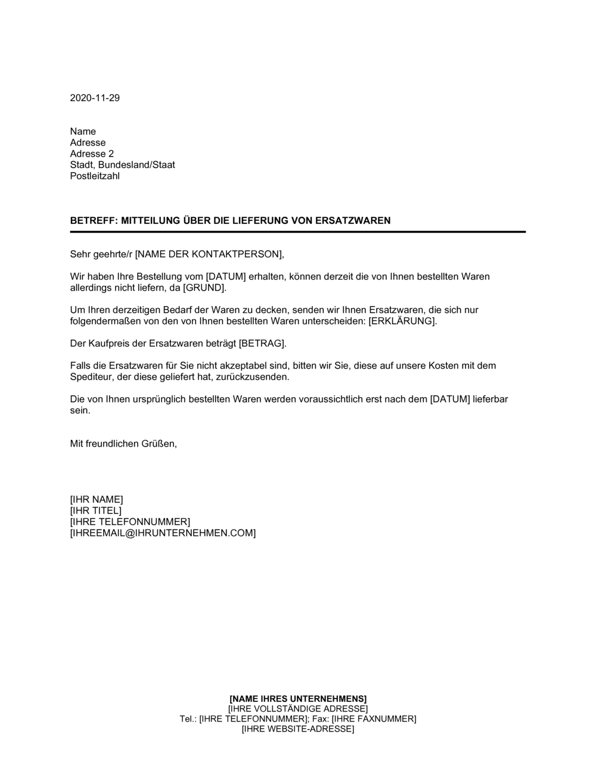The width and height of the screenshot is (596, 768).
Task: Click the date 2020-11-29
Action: click(95, 98)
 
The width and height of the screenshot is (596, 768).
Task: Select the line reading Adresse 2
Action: click(92, 154)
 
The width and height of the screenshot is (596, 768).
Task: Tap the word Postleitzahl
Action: click(95, 176)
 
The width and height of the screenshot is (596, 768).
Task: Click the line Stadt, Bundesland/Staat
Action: click(122, 165)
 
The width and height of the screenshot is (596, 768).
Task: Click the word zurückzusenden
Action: click(260, 377)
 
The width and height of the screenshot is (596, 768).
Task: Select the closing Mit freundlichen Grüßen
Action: click(123, 444)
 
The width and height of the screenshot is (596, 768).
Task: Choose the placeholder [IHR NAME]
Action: click(97, 499)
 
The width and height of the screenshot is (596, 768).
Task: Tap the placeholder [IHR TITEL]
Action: click(96, 511)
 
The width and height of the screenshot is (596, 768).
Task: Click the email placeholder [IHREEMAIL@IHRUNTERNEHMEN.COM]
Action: click(163, 533)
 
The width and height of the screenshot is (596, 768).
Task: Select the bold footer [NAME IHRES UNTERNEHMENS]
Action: click(298, 698)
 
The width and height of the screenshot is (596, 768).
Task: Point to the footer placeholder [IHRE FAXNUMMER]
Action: click(374, 719)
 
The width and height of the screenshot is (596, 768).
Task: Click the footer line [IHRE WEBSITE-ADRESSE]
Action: click(298, 729)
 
